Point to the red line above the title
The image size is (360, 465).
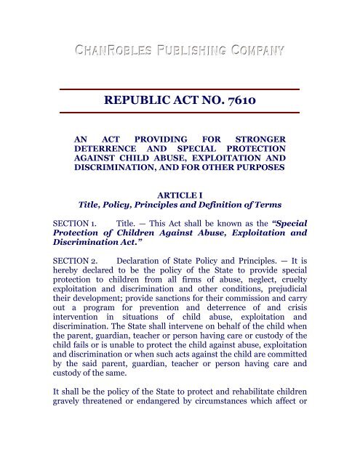179,89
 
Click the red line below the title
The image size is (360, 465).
179,113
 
